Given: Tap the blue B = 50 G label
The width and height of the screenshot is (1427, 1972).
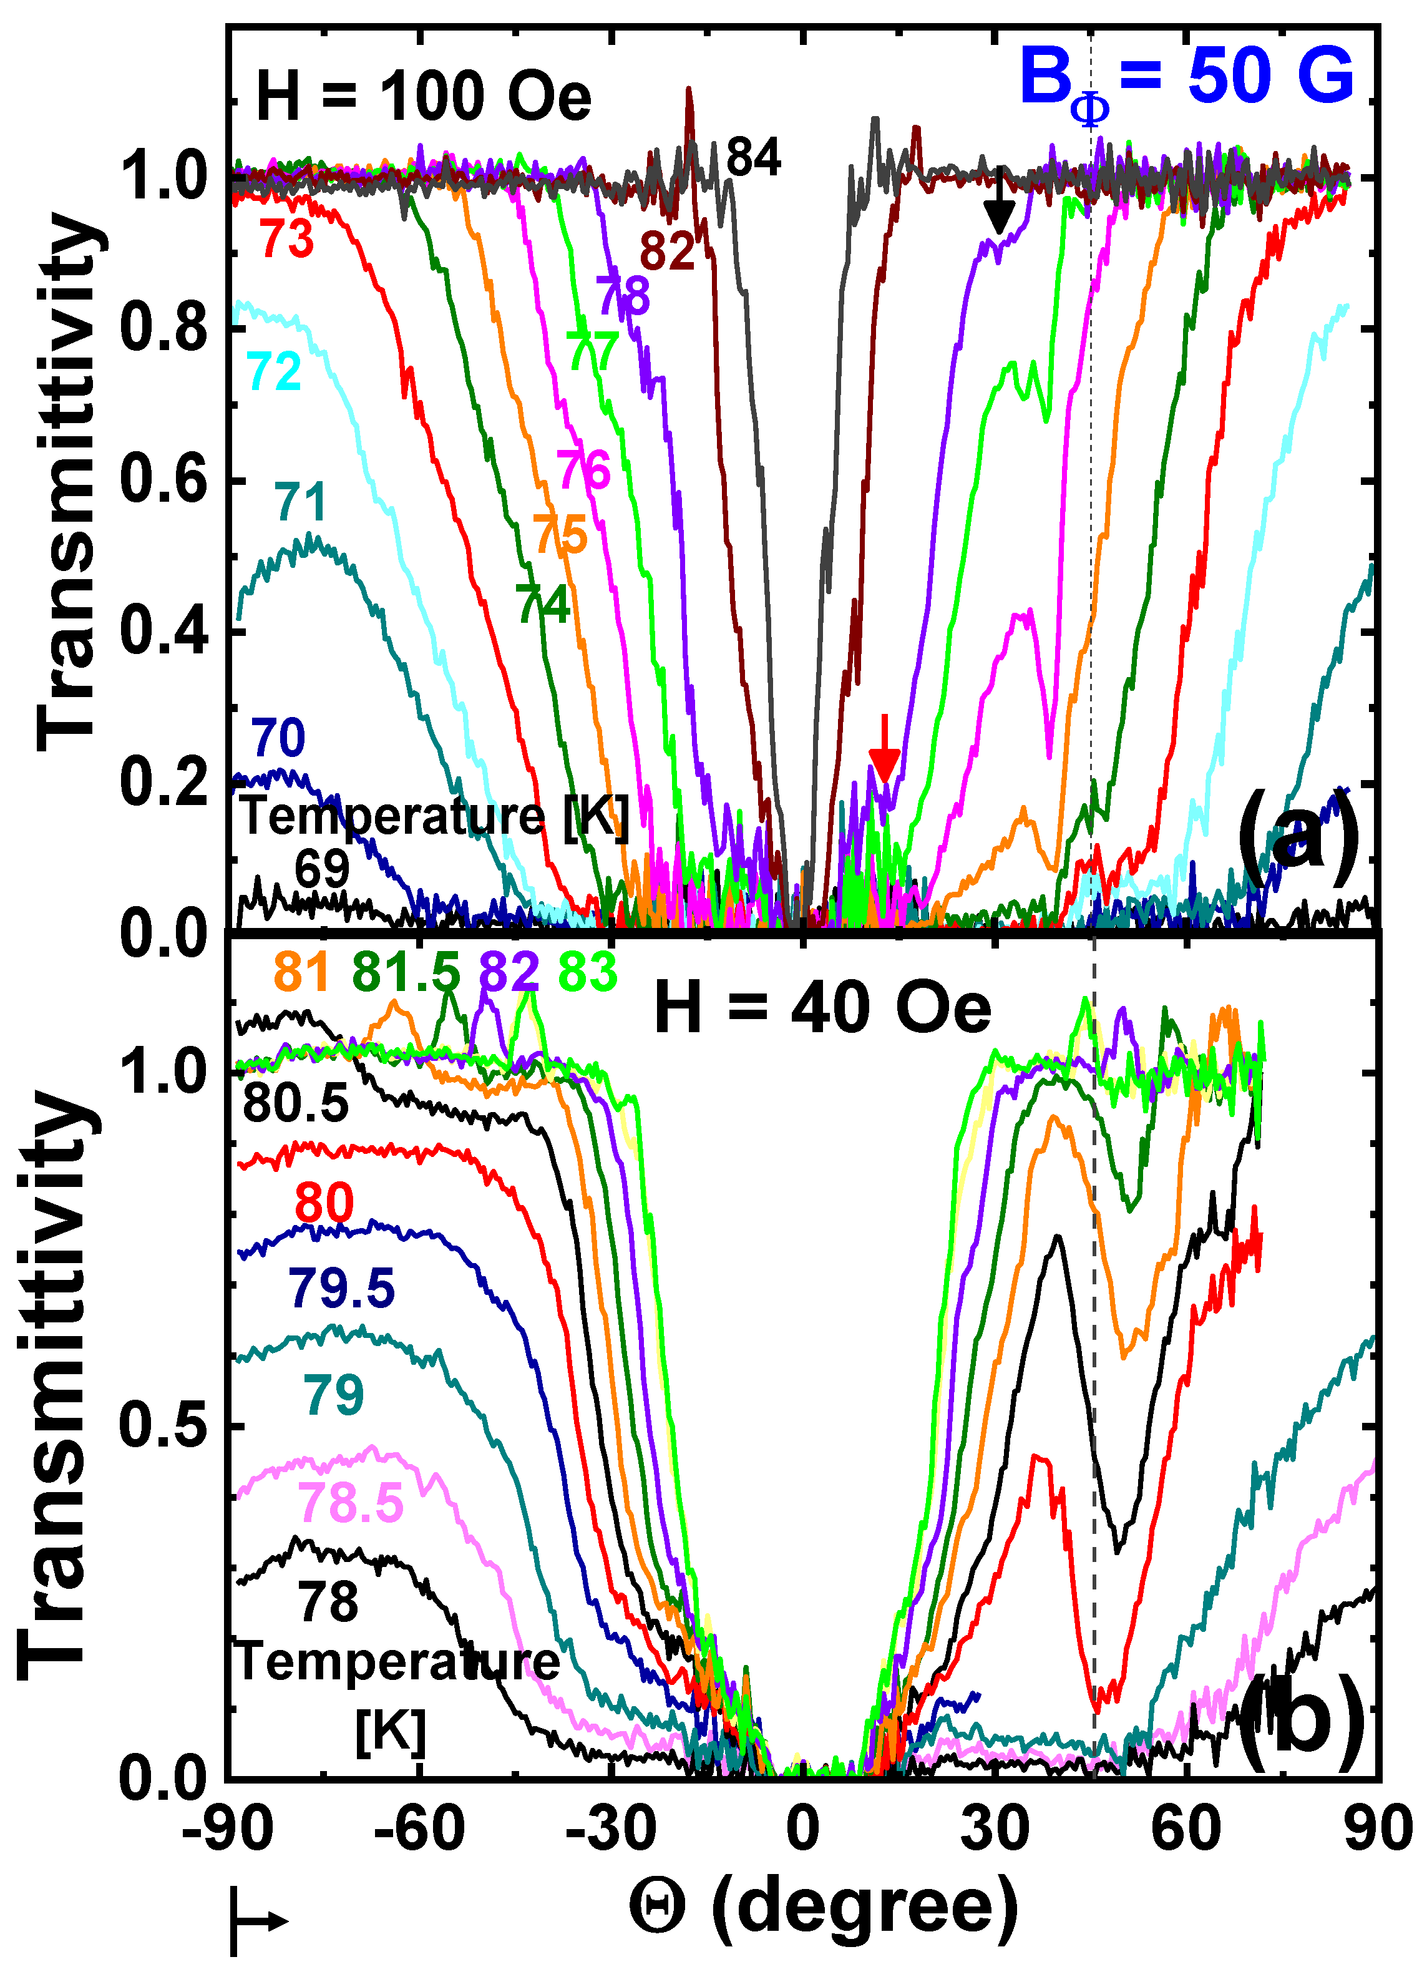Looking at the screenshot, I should click(x=1187, y=80).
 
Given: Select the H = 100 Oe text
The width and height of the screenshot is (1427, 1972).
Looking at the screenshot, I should click(x=424, y=97).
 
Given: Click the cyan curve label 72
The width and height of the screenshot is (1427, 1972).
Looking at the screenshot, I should click(x=275, y=372).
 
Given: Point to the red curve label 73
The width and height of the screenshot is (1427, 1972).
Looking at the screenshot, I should click(x=287, y=239).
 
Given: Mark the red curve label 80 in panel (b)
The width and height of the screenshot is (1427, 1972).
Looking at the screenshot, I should click(x=323, y=1203).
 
